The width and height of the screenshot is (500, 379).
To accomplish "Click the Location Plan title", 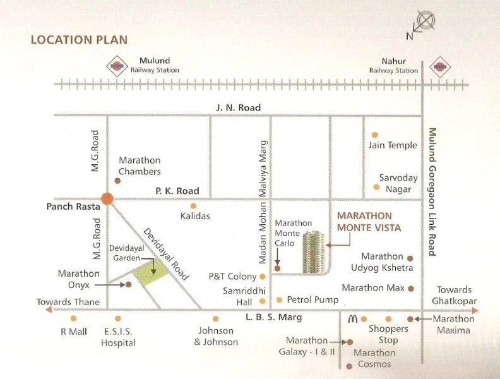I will coord(79,40).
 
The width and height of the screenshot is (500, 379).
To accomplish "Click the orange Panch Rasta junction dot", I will coord(107,198).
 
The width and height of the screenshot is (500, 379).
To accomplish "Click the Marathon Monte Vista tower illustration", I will coord(314,252).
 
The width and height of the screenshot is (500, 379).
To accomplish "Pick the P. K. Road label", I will coord(177,191).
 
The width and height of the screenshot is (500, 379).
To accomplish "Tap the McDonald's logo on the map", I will coord(353,320).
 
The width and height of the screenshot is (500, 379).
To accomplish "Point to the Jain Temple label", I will coord(393,145).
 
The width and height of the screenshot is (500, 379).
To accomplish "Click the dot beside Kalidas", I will coord(193,206).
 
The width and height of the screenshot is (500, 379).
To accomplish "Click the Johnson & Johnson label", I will coord(217,336).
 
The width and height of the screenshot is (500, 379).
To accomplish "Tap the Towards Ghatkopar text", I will coord(455,296).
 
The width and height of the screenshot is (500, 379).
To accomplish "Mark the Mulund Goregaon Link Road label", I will coord(432,191).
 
